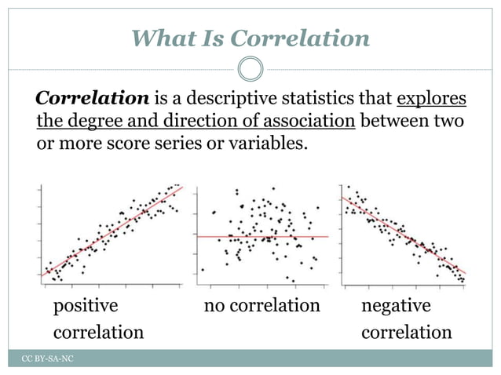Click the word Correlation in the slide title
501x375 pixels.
pyautogui.click(x=302, y=38)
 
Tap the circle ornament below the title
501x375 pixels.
pyautogui.click(x=250, y=69)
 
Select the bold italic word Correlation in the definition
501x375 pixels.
pyautogui.click(x=93, y=100)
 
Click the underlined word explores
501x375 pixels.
pyautogui.click(x=432, y=100)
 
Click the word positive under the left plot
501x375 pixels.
pyautogui.click(x=85, y=304)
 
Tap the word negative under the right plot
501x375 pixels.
pyautogui.click(x=396, y=304)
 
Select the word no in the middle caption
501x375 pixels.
pyautogui.click(x=214, y=304)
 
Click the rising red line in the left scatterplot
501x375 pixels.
pyautogui.click(x=111, y=232)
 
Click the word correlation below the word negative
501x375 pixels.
pyautogui.click(x=406, y=332)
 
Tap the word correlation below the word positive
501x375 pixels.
pyautogui.click(x=98, y=332)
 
